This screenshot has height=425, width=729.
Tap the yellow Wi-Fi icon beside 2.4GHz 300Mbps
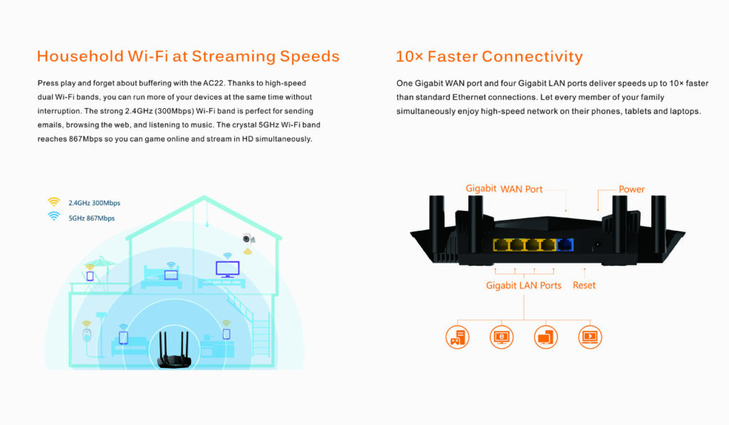coord(53,202)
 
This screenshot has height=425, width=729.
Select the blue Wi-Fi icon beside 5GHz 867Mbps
coord(53,216)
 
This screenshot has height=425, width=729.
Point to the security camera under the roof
coord(248,239)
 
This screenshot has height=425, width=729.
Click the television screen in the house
coord(228,268)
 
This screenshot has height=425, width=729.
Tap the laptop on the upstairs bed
coord(171,275)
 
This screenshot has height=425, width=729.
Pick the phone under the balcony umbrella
coord(90,276)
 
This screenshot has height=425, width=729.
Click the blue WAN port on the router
coord(566,246)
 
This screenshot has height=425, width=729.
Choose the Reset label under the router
coord(584,285)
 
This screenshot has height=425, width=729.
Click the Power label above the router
coord(631,189)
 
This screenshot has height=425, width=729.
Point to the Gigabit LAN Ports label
coord(523,285)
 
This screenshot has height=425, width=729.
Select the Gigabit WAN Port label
coord(504,189)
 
